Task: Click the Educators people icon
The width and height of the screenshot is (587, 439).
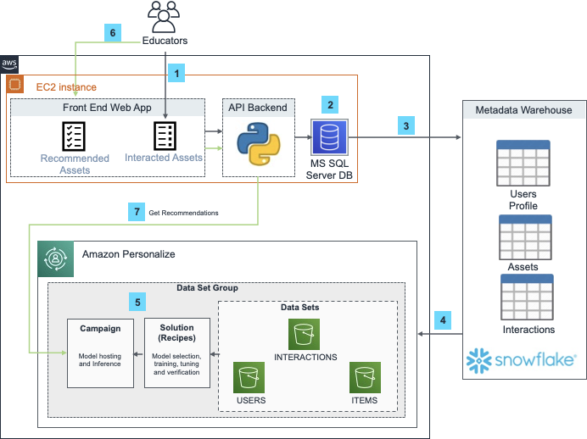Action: [x=165, y=17]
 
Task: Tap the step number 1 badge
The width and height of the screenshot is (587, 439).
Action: [x=176, y=74]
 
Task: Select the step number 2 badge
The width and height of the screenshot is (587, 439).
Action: [x=331, y=105]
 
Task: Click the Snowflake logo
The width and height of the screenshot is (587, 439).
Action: [x=523, y=359]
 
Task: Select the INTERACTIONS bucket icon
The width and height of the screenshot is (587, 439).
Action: [x=305, y=334]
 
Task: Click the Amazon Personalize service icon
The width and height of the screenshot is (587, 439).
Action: [x=56, y=258]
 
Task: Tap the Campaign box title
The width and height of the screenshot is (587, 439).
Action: [x=100, y=327]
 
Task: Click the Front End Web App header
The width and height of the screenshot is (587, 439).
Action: [x=107, y=108]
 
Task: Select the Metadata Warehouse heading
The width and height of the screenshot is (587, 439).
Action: [x=523, y=110]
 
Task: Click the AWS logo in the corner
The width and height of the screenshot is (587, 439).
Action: [x=9, y=64]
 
